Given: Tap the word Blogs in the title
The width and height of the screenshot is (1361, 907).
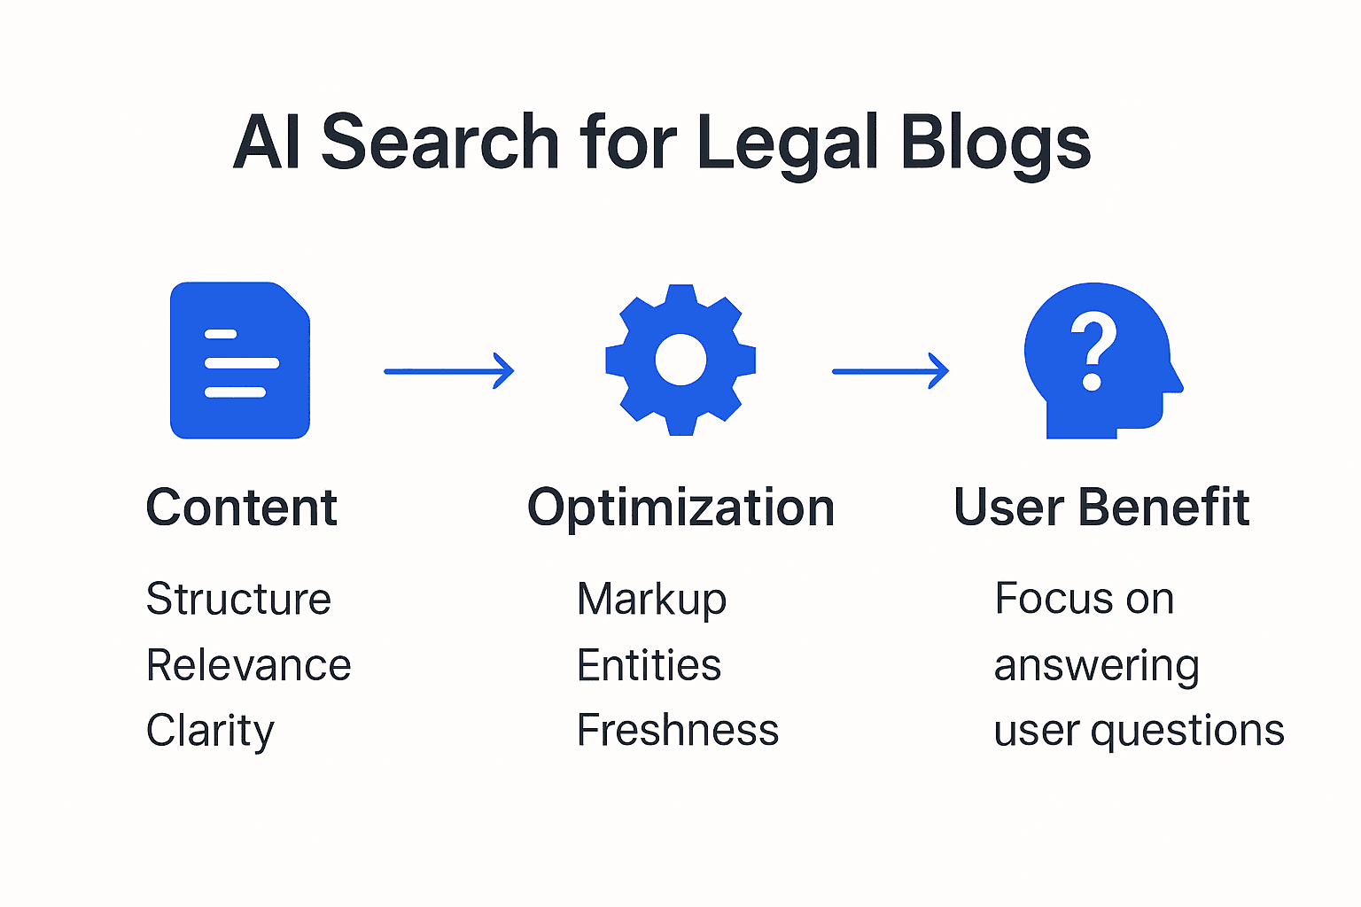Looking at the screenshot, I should click(x=995, y=143).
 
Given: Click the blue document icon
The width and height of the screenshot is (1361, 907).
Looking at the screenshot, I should click(x=240, y=360).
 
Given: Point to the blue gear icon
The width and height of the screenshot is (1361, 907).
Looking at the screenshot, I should click(x=680, y=360).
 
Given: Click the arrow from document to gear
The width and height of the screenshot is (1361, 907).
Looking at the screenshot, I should click(x=448, y=371).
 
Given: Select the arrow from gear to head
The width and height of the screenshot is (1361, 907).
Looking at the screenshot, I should click(x=890, y=371).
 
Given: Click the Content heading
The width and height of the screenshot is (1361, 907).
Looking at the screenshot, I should click(x=241, y=508).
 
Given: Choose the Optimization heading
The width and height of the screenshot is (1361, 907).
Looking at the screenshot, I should click(x=680, y=508).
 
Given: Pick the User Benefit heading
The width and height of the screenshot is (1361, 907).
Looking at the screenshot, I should click(x=1101, y=508).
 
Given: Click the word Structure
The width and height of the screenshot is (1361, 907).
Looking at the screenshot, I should click(x=238, y=599).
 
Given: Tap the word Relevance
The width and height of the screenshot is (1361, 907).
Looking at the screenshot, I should click(x=248, y=665).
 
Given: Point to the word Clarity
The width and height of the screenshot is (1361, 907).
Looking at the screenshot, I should click(x=210, y=732).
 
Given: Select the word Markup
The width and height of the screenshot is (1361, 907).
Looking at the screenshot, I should click(x=651, y=600).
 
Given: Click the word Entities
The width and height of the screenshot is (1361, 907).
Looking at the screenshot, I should click(x=649, y=665).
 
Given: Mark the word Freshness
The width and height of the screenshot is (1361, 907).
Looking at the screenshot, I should click(x=678, y=731).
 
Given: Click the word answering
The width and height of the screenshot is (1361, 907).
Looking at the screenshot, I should click(x=1097, y=666).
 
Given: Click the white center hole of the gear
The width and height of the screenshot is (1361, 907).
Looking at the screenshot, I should click(x=680, y=360).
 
